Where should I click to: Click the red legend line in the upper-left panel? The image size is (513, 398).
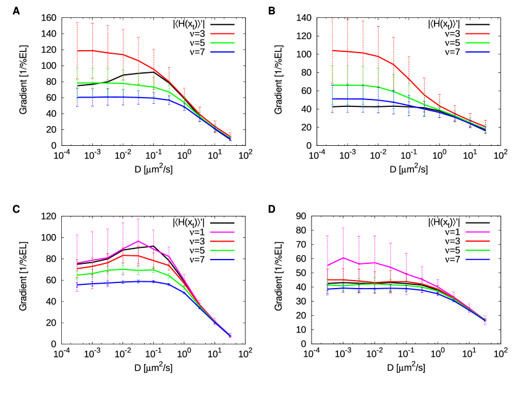pyautogui.click(x=223, y=34)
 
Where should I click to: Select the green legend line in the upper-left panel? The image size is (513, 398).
pyautogui.click(x=223, y=43)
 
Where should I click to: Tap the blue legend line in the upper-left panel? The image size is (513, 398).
pyautogui.click(x=223, y=52)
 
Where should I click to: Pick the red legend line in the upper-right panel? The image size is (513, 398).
pyautogui.click(x=478, y=34)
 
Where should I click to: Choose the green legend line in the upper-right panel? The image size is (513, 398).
pyautogui.click(x=478, y=43)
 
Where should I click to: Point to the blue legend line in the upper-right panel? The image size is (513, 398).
pyautogui.click(x=478, y=52)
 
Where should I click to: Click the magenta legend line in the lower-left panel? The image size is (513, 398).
pyautogui.click(x=223, y=232)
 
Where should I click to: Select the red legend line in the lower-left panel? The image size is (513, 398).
pyautogui.click(x=223, y=241)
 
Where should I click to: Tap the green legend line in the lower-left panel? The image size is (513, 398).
pyautogui.click(x=223, y=250)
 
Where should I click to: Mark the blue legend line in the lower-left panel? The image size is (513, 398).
pyautogui.click(x=223, y=260)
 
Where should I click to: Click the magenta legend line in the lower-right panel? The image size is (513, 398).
pyautogui.click(x=478, y=232)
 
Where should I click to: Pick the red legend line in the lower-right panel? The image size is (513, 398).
pyautogui.click(x=478, y=241)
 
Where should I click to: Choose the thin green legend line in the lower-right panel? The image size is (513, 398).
pyautogui.click(x=478, y=250)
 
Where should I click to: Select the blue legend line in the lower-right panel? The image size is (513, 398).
pyautogui.click(x=478, y=260)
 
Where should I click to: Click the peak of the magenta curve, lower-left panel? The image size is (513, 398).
pyautogui.click(x=138, y=241)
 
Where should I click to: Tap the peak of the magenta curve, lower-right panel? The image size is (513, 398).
pyautogui.click(x=344, y=258)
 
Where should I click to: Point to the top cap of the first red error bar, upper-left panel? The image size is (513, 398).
pyautogui.click(x=77, y=23)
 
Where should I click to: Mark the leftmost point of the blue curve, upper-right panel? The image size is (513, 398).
pyautogui.click(x=333, y=99)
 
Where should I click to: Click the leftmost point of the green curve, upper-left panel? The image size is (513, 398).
pyautogui.click(x=77, y=83)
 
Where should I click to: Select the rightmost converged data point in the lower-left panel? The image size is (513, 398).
pyautogui.click(x=230, y=336)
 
